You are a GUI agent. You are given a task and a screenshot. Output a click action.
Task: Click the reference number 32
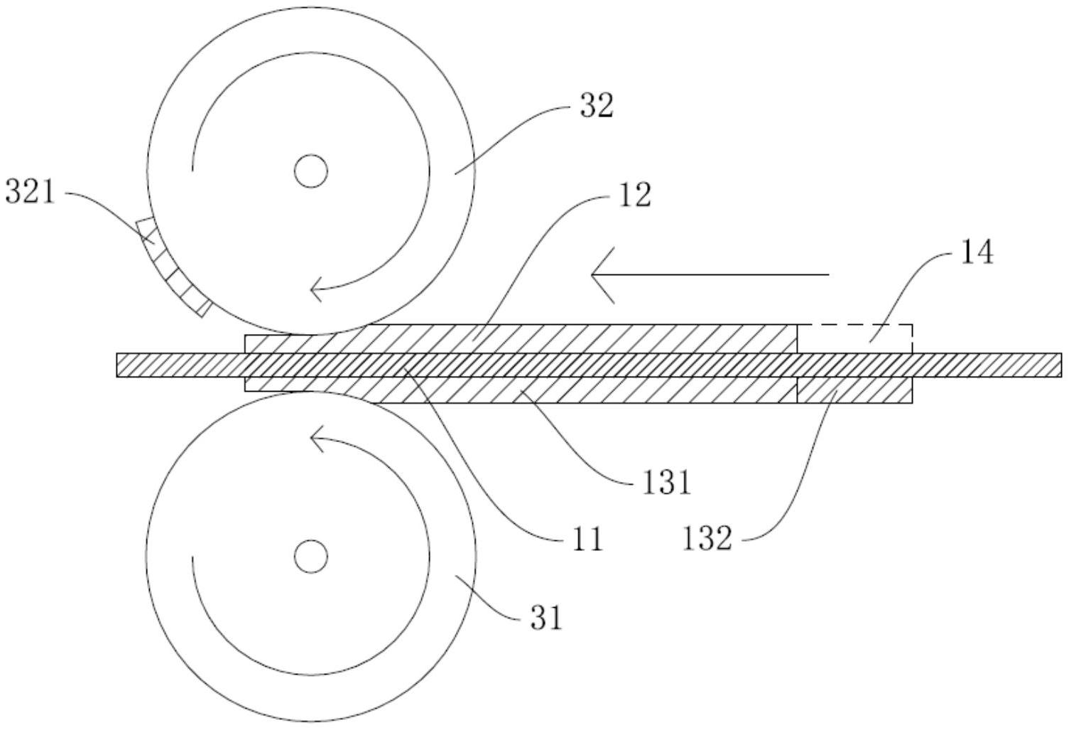point(596,107)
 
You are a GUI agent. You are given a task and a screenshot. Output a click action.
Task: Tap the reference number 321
point(30,192)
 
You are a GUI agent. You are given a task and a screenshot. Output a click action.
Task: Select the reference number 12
point(635,195)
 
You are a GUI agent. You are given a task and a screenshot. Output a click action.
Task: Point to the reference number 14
point(977,252)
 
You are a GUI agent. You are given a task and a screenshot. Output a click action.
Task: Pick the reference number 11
point(587,540)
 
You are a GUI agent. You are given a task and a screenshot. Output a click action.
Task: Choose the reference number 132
point(707,538)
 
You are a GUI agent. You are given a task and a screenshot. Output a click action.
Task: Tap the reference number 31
point(546,618)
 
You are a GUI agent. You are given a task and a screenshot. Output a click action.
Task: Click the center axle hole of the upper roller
point(310,171)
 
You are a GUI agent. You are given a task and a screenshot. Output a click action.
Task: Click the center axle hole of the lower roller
point(310,556)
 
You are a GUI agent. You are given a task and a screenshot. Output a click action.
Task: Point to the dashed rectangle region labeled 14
point(854,338)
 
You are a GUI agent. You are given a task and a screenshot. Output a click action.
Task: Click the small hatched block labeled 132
point(854,390)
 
